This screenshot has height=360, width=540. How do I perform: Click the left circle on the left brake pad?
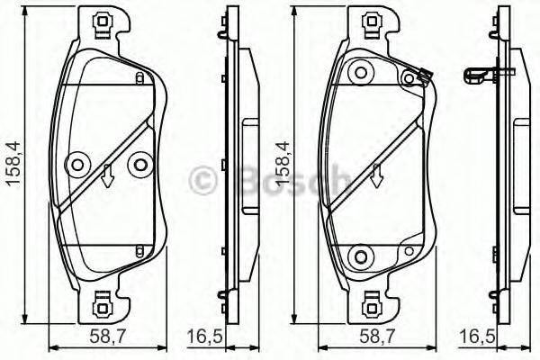pos(76,164)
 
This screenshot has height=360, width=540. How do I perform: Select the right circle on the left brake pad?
pos(139,164)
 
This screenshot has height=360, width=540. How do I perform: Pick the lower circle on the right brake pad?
pos(362,255)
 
